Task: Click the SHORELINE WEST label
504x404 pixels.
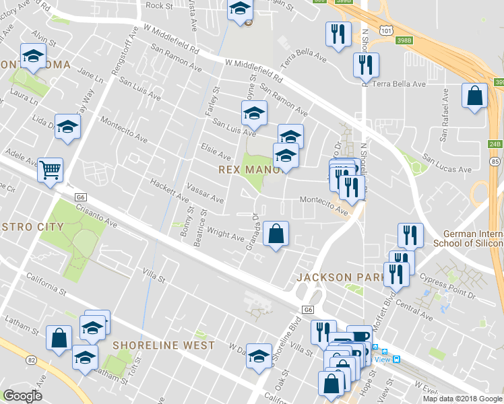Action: [x=164, y=345]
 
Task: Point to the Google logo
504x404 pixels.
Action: [x=22, y=396]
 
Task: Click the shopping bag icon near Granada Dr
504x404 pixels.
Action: [x=275, y=234]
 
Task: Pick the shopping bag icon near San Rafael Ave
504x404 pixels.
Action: [x=474, y=96]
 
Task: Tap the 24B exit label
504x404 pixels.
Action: [x=495, y=143]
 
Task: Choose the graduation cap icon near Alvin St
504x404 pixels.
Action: [x=32, y=57]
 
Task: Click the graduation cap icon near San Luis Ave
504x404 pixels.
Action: [x=255, y=113]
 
